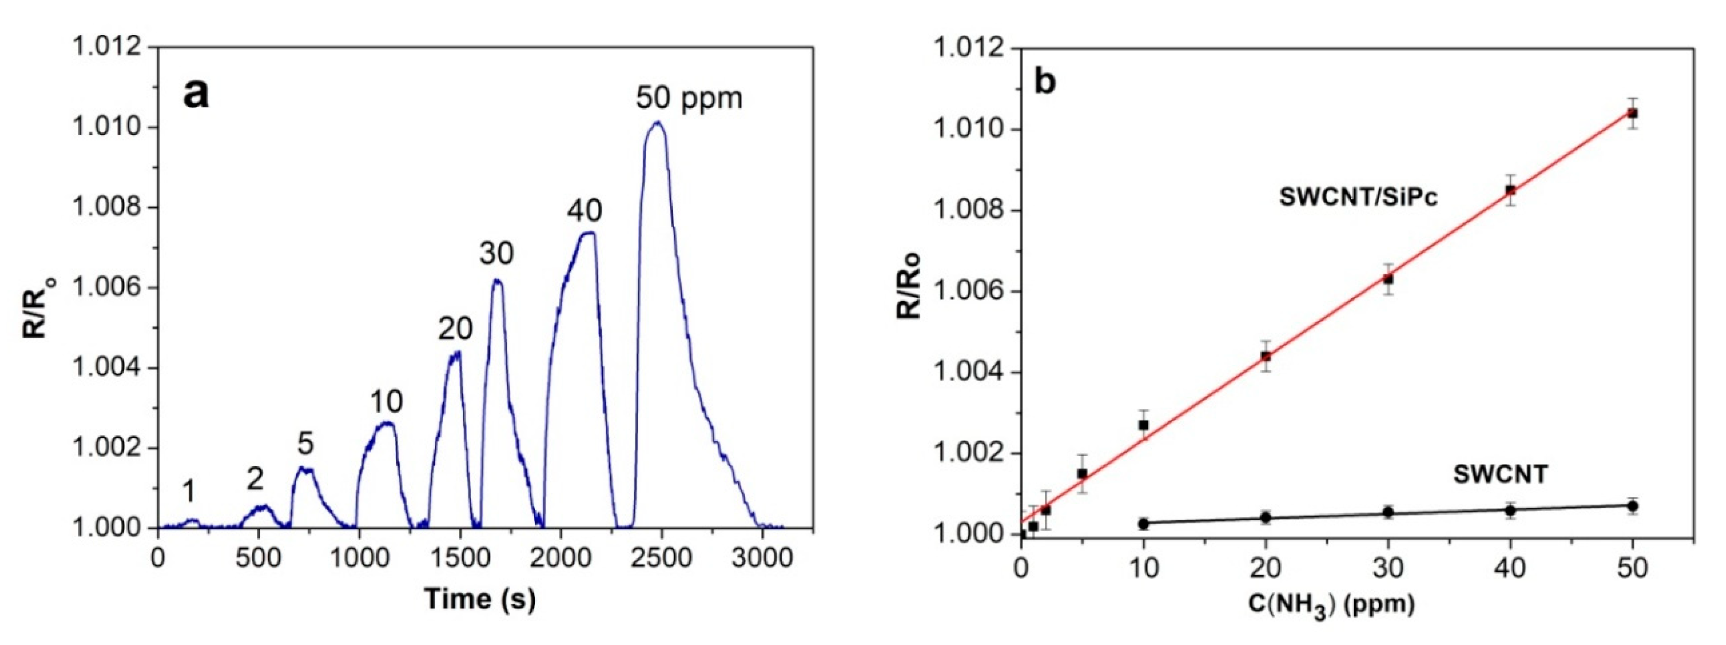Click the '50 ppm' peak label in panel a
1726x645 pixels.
pyautogui.click(x=689, y=98)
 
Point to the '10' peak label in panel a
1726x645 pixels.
pyautogui.click(x=386, y=402)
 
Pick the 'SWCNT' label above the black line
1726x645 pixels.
pyautogui.click(x=1500, y=475)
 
